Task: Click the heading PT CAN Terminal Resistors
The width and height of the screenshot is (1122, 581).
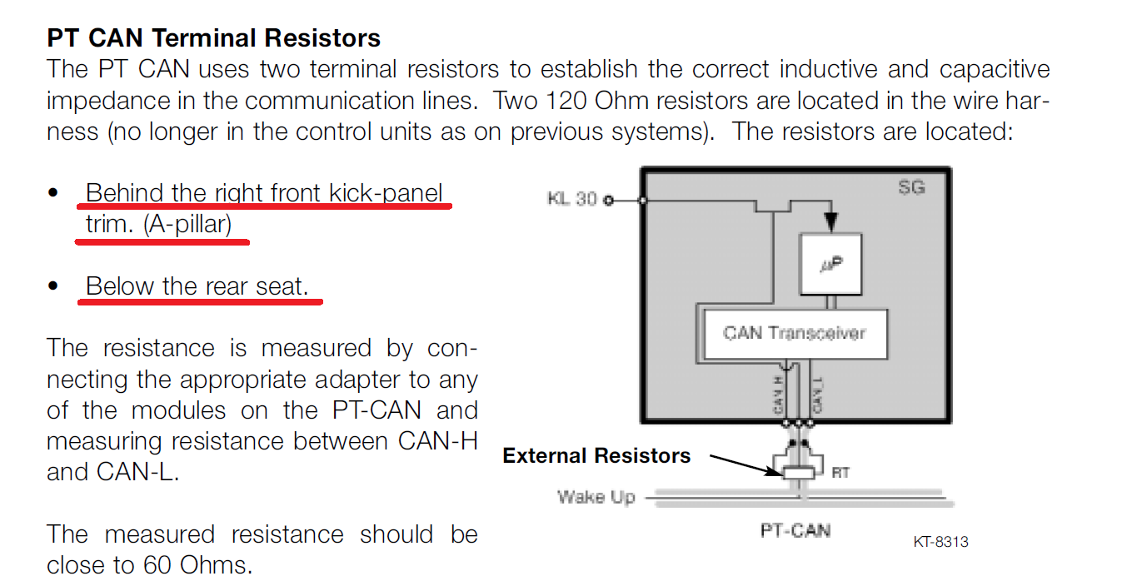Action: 213,38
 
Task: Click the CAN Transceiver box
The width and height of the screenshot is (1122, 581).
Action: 795,334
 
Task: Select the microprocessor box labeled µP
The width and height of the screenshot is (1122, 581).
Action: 830,264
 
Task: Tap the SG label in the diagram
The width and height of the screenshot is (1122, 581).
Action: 911,187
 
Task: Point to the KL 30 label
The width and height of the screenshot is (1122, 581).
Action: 572,200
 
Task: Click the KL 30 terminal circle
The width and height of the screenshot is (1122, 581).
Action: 608,201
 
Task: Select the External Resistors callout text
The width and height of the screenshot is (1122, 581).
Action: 596,456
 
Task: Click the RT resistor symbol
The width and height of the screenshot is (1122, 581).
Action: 798,473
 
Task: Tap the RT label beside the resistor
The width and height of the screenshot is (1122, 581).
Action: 840,473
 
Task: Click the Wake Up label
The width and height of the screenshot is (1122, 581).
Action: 596,498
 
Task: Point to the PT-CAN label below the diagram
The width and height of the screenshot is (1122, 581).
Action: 795,530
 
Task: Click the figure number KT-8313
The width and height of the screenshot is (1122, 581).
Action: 940,542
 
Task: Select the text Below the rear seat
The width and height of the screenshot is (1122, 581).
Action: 197,286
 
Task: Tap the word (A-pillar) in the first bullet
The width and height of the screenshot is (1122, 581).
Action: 187,224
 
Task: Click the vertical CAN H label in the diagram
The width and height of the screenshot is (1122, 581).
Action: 778,394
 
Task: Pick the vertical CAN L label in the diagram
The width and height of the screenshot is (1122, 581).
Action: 818,394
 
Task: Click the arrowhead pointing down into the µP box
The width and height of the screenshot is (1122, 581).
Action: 830,222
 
